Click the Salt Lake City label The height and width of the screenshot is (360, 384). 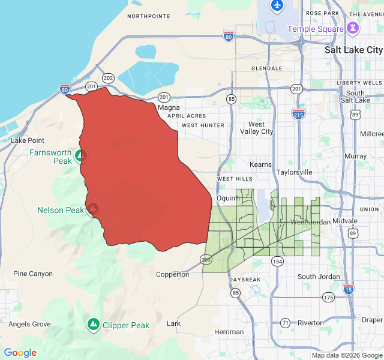(x=353, y=50)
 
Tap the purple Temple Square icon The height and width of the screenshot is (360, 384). (x=353, y=28)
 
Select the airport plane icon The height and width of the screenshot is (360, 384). (x=277, y=5)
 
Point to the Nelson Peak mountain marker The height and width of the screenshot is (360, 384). (x=93, y=209)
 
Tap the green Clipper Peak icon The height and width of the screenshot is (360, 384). (x=93, y=325)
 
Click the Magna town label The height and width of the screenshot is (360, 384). (x=164, y=107)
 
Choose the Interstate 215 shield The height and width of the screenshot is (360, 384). (x=297, y=113)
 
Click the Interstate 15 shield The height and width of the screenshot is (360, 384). (x=348, y=289)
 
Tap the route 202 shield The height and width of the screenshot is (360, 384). (x=108, y=78)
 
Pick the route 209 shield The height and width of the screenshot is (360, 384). (x=206, y=259)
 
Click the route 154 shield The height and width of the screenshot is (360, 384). (x=277, y=261)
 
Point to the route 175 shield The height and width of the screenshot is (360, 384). (x=328, y=297)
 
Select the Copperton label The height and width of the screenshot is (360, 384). (x=173, y=274)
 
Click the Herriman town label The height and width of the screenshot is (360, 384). (x=229, y=332)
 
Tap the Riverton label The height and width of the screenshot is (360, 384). (x=310, y=323)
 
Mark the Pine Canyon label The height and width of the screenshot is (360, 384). (x=33, y=274)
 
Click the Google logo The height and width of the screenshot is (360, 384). (x=20, y=353)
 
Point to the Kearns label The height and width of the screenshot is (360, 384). (x=260, y=164)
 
